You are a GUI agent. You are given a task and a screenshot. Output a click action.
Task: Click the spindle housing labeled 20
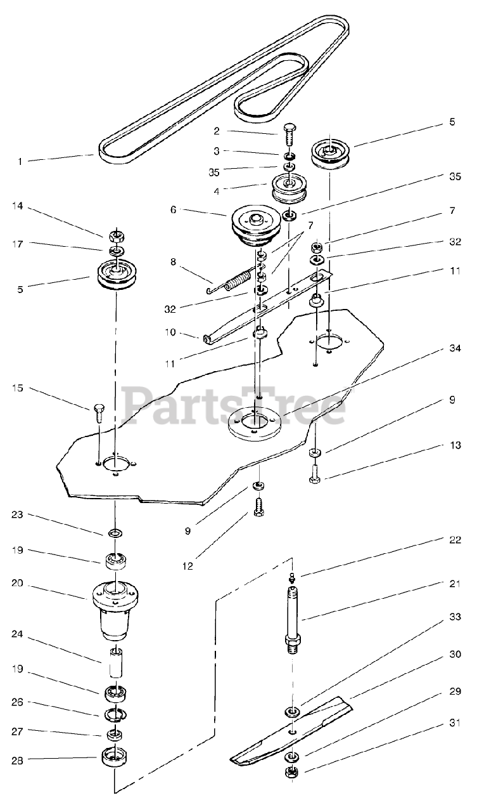click(x=115, y=609)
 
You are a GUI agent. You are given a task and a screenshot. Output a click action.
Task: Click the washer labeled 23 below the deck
click(x=115, y=532)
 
